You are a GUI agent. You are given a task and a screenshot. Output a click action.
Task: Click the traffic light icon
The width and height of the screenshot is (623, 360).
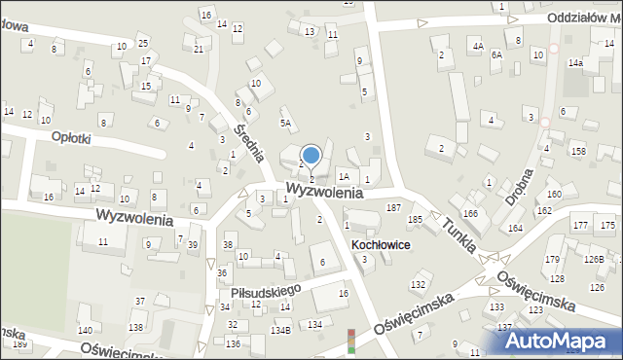[351, 341]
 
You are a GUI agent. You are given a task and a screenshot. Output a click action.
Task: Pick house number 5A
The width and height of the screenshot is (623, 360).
[286, 124]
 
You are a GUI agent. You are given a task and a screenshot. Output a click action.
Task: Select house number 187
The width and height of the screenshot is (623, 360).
[394, 208]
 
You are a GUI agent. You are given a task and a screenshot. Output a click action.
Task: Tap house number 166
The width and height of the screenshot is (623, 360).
[471, 213]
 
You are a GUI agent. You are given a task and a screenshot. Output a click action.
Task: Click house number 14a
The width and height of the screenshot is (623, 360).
[576, 62]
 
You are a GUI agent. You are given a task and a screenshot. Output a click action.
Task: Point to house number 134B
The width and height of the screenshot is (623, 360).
[280, 331]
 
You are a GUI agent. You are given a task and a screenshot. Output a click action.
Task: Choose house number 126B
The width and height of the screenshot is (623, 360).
[594, 260]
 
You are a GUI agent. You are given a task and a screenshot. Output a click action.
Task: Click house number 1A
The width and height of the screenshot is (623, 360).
[344, 177]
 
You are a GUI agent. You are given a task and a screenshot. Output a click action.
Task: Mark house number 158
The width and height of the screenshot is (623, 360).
[578, 151]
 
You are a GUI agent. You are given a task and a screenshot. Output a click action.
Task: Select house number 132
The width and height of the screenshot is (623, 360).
[419, 284]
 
